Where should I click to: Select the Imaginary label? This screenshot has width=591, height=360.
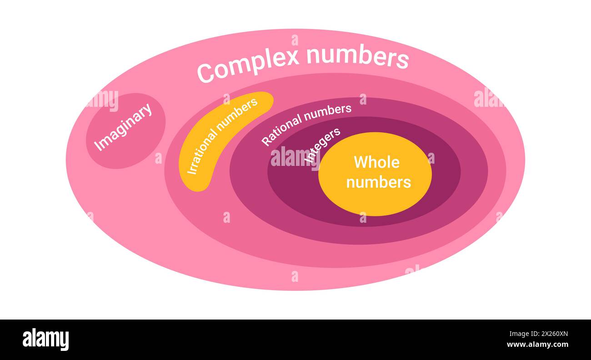pos(123,127)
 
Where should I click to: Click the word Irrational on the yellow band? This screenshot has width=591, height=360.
pos(201,152)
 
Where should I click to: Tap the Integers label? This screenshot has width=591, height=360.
pos(322,145)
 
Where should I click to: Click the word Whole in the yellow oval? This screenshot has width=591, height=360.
pos(376,162)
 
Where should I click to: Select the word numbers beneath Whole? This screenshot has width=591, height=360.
pos(379,182)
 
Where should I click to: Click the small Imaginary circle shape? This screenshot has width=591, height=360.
pos(125,131)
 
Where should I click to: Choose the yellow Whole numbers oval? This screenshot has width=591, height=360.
pos(375,174)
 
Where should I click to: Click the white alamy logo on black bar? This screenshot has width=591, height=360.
pos(45,339)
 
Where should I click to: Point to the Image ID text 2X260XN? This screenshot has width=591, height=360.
pos(555,334)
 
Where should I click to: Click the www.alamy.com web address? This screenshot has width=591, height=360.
pos(537,345)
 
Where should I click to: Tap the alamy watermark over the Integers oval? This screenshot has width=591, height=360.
pos(295,159)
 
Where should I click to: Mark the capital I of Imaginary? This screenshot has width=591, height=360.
pos(98,147)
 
